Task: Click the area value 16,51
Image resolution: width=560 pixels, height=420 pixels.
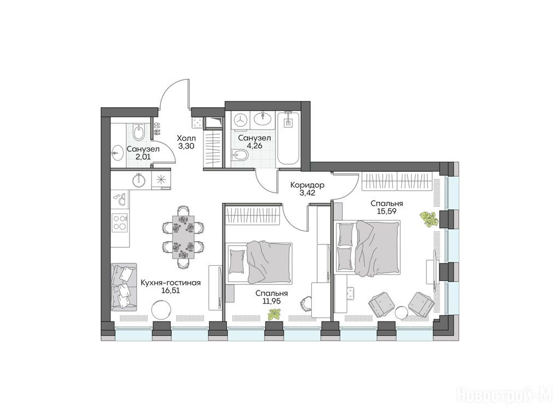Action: (x=171, y=291)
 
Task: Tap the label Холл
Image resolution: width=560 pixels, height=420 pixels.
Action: (x=186, y=138)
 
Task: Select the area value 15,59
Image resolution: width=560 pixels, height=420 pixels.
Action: (x=387, y=211)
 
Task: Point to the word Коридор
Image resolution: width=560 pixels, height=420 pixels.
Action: (x=307, y=185)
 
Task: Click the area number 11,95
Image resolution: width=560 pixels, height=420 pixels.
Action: (x=271, y=301)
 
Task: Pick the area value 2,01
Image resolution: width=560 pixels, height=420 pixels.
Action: (x=143, y=156)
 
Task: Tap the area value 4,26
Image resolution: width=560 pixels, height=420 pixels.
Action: (x=254, y=145)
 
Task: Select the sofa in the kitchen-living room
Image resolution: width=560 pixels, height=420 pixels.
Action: (x=124, y=286)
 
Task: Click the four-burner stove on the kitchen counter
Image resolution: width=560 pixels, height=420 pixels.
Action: (x=120, y=222)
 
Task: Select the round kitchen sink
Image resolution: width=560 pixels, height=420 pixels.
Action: (x=138, y=180)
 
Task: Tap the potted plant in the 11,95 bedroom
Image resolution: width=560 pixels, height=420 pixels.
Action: (x=274, y=314)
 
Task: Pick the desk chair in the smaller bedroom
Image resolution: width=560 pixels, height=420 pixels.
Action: (x=305, y=303)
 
